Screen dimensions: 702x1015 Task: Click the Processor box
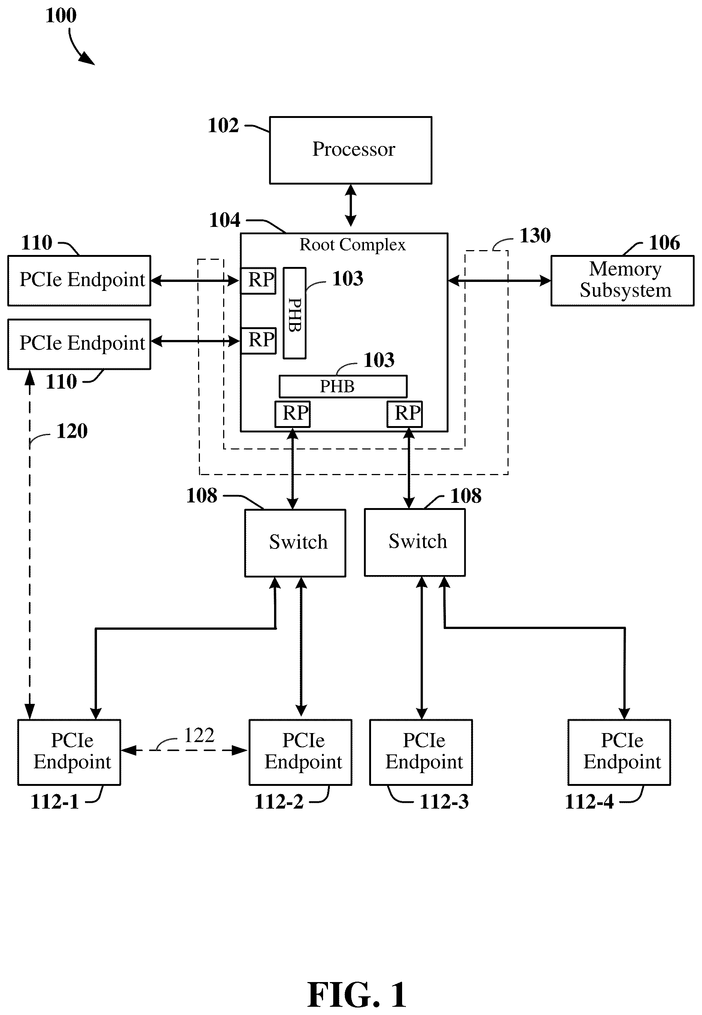pyautogui.click(x=350, y=150)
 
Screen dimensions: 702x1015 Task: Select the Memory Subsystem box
pyautogui.click(x=622, y=280)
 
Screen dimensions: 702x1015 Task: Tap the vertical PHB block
pyautogui.click(x=294, y=313)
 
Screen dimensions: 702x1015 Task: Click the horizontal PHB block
pyautogui.click(x=343, y=386)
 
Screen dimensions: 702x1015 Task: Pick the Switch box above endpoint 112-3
pyautogui.click(x=415, y=542)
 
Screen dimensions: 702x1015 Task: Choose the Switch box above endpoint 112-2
pyautogui.click(x=295, y=543)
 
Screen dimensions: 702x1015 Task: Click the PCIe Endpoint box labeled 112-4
pyautogui.click(x=619, y=752)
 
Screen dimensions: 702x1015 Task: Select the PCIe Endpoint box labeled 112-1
pyautogui.click(x=69, y=752)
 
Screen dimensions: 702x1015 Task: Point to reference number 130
pyautogui.click(x=535, y=236)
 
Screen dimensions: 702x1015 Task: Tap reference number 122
pyautogui.click(x=199, y=735)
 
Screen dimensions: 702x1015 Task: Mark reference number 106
pyautogui.click(x=665, y=243)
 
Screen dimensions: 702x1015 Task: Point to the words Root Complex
pyautogui.click(x=352, y=245)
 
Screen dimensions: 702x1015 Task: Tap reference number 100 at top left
pyautogui.click(x=61, y=15)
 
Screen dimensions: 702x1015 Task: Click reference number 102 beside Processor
pyautogui.click(x=223, y=125)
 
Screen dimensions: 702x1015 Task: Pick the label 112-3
pyautogui.click(x=444, y=801)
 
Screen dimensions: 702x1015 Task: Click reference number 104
pyautogui.click(x=224, y=220)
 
